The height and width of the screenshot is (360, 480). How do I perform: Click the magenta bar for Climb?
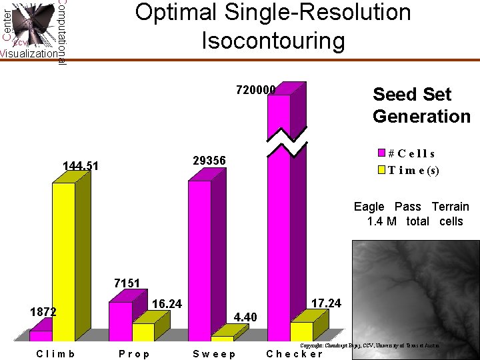click(40, 336)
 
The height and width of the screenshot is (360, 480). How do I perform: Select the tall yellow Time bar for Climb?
click(63, 260)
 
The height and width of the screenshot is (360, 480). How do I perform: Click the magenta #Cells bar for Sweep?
click(199, 260)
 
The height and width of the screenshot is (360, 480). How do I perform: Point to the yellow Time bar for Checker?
click(301, 331)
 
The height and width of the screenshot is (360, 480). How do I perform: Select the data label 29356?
click(209, 161)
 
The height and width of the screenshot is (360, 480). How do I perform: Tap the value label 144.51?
click(81, 166)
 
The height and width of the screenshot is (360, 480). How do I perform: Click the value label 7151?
click(127, 283)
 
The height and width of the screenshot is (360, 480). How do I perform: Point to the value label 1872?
click(43, 311)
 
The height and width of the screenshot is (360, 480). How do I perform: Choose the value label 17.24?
click(327, 303)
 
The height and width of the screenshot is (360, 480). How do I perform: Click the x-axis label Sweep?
click(214, 353)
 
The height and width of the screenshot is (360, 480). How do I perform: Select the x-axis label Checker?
click(294, 353)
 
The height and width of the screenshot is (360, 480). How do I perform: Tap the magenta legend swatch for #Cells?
click(382, 154)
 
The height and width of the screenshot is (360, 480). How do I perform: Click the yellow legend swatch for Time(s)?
click(382, 169)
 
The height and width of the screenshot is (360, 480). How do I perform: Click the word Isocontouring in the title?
click(273, 40)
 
